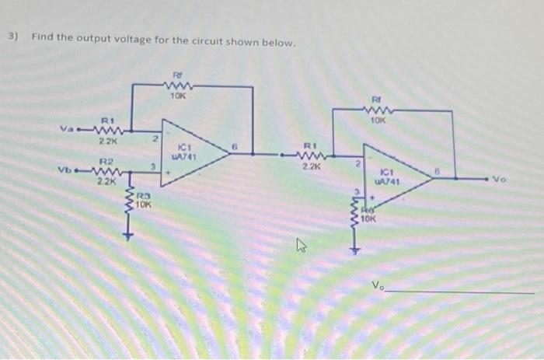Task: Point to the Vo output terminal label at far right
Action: click(x=520, y=178)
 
